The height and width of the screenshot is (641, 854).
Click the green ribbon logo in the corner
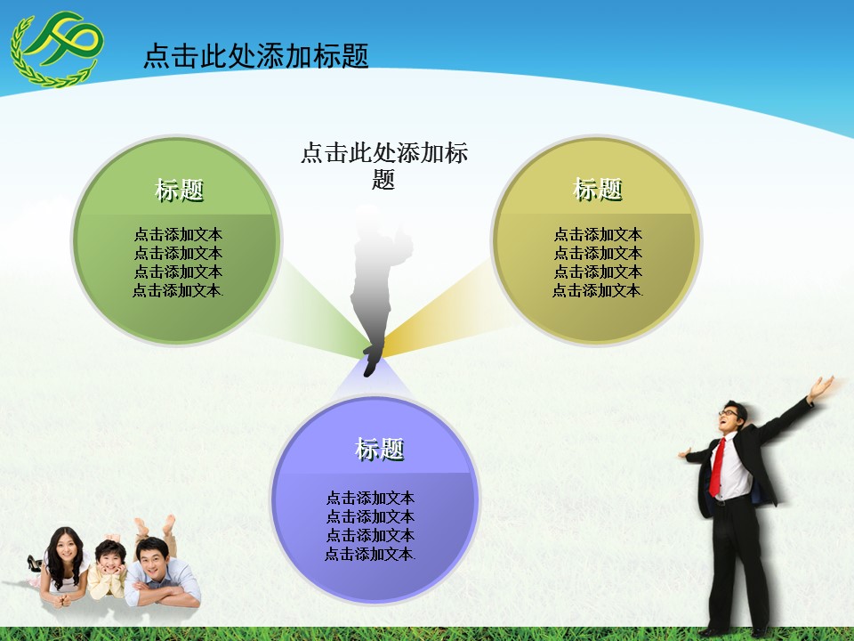pos(56,49)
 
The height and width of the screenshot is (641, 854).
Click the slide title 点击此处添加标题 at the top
pos(256,56)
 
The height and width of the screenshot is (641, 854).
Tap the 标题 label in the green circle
pos(180,190)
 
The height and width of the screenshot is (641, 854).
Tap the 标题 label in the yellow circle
pos(598,189)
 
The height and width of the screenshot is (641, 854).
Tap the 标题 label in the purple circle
pos(380,450)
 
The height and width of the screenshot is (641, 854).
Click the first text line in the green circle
pos(178,235)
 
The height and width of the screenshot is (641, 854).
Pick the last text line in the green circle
pos(178,290)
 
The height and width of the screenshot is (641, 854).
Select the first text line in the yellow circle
pos(598,235)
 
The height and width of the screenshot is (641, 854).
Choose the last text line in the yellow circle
pos(598,290)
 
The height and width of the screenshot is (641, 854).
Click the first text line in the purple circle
pos(370,498)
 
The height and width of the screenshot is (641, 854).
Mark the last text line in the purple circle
pos(370,554)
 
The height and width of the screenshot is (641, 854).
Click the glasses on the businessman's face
pos(729,412)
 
